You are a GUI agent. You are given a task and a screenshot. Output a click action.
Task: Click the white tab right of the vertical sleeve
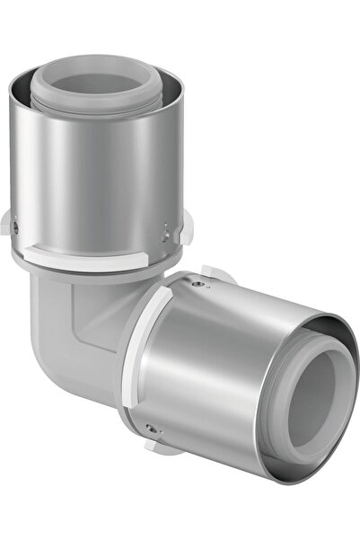point(186,229)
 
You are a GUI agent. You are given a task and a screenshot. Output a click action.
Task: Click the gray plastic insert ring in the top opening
point(99,89)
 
